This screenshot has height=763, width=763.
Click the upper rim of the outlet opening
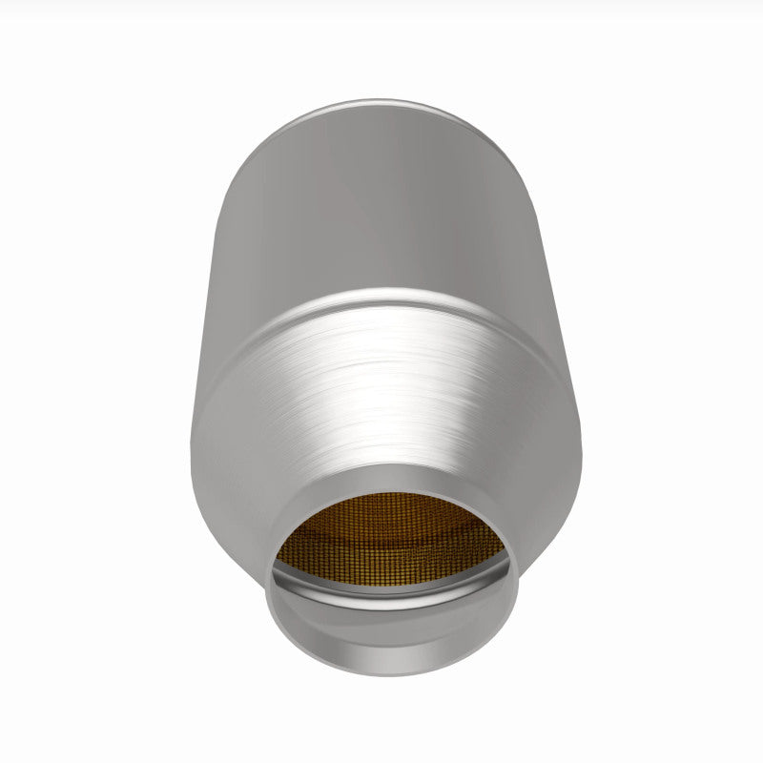pos(391,470)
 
